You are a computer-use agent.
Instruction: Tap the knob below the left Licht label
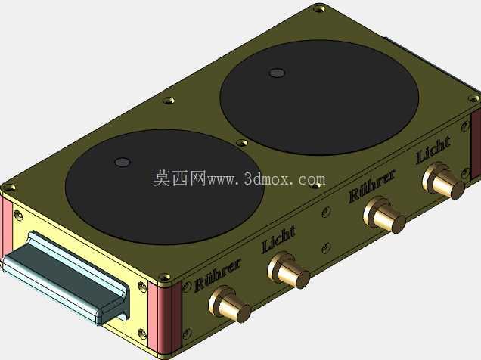pyautogui.click(x=288, y=270)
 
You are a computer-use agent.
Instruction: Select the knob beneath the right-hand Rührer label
pyautogui.click(x=384, y=214)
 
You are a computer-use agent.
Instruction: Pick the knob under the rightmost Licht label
pyautogui.click(x=444, y=180)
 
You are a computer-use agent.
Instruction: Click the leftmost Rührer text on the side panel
pyautogui.click(x=218, y=275)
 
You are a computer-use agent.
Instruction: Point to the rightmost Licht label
pyautogui.click(x=433, y=151)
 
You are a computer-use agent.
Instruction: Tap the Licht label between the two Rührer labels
pyautogui.click(x=278, y=240)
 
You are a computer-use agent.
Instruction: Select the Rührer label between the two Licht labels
pyautogui.click(x=372, y=186)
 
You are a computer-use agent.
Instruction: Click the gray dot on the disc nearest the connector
pyautogui.click(x=123, y=162)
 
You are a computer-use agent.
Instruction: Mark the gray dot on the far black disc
pyautogui.click(x=277, y=73)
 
